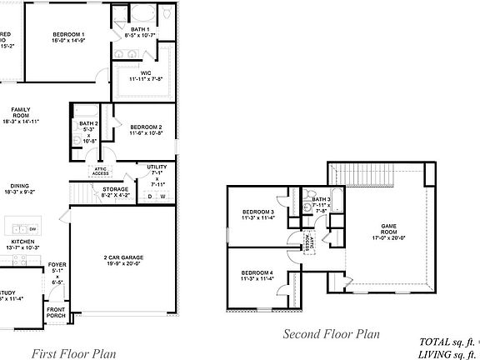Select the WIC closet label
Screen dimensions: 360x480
[146, 76]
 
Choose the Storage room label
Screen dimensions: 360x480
[116, 191]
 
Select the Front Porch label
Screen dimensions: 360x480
[57, 312]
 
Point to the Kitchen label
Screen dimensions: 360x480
[23, 245]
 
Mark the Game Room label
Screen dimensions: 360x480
[388, 228]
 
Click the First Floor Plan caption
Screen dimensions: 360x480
[73, 353]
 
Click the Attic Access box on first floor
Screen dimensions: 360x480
[100, 171]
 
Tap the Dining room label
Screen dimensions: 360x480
[21, 189]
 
